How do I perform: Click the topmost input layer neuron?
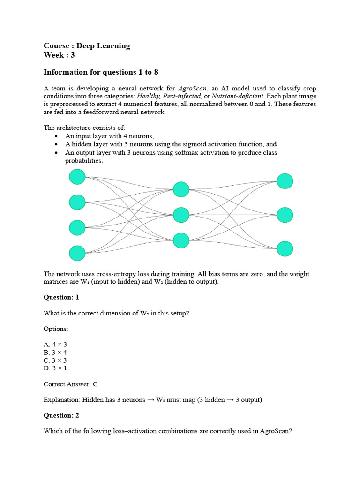(77, 177)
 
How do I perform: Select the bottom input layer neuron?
(77, 253)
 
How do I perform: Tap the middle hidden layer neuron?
(181, 215)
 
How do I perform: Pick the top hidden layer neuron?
(181, 189)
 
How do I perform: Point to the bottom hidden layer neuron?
(181, 240)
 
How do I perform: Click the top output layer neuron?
(285, 181)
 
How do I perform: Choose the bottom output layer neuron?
(285, 249)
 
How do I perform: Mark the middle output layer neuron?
(285, 215)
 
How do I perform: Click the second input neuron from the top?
(77, 202)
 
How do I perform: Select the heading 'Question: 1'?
(61, 297)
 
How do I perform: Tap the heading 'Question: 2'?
(61, 415)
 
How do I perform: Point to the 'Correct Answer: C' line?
(70, 384)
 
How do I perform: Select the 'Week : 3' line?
(59, 55)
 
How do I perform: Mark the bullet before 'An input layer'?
(56, 136)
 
